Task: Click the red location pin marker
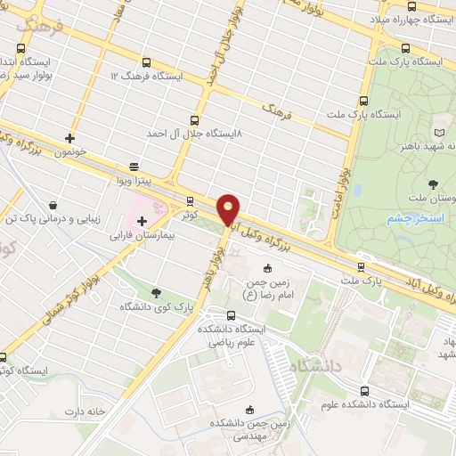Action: [x=229, y=208]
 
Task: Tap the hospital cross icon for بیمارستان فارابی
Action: [x=142, y=219]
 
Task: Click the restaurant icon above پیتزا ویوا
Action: [x=134, y=166]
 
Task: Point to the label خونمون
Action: [x=69, y=152]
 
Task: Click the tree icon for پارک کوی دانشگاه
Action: [x=157, y=292]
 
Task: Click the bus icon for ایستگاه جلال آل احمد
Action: [x=195, y=119]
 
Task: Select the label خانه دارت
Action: [x=85, y=411]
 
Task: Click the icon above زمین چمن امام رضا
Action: [x=267, y=269]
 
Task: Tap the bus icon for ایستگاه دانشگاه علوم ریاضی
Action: [x=232, y=314]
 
